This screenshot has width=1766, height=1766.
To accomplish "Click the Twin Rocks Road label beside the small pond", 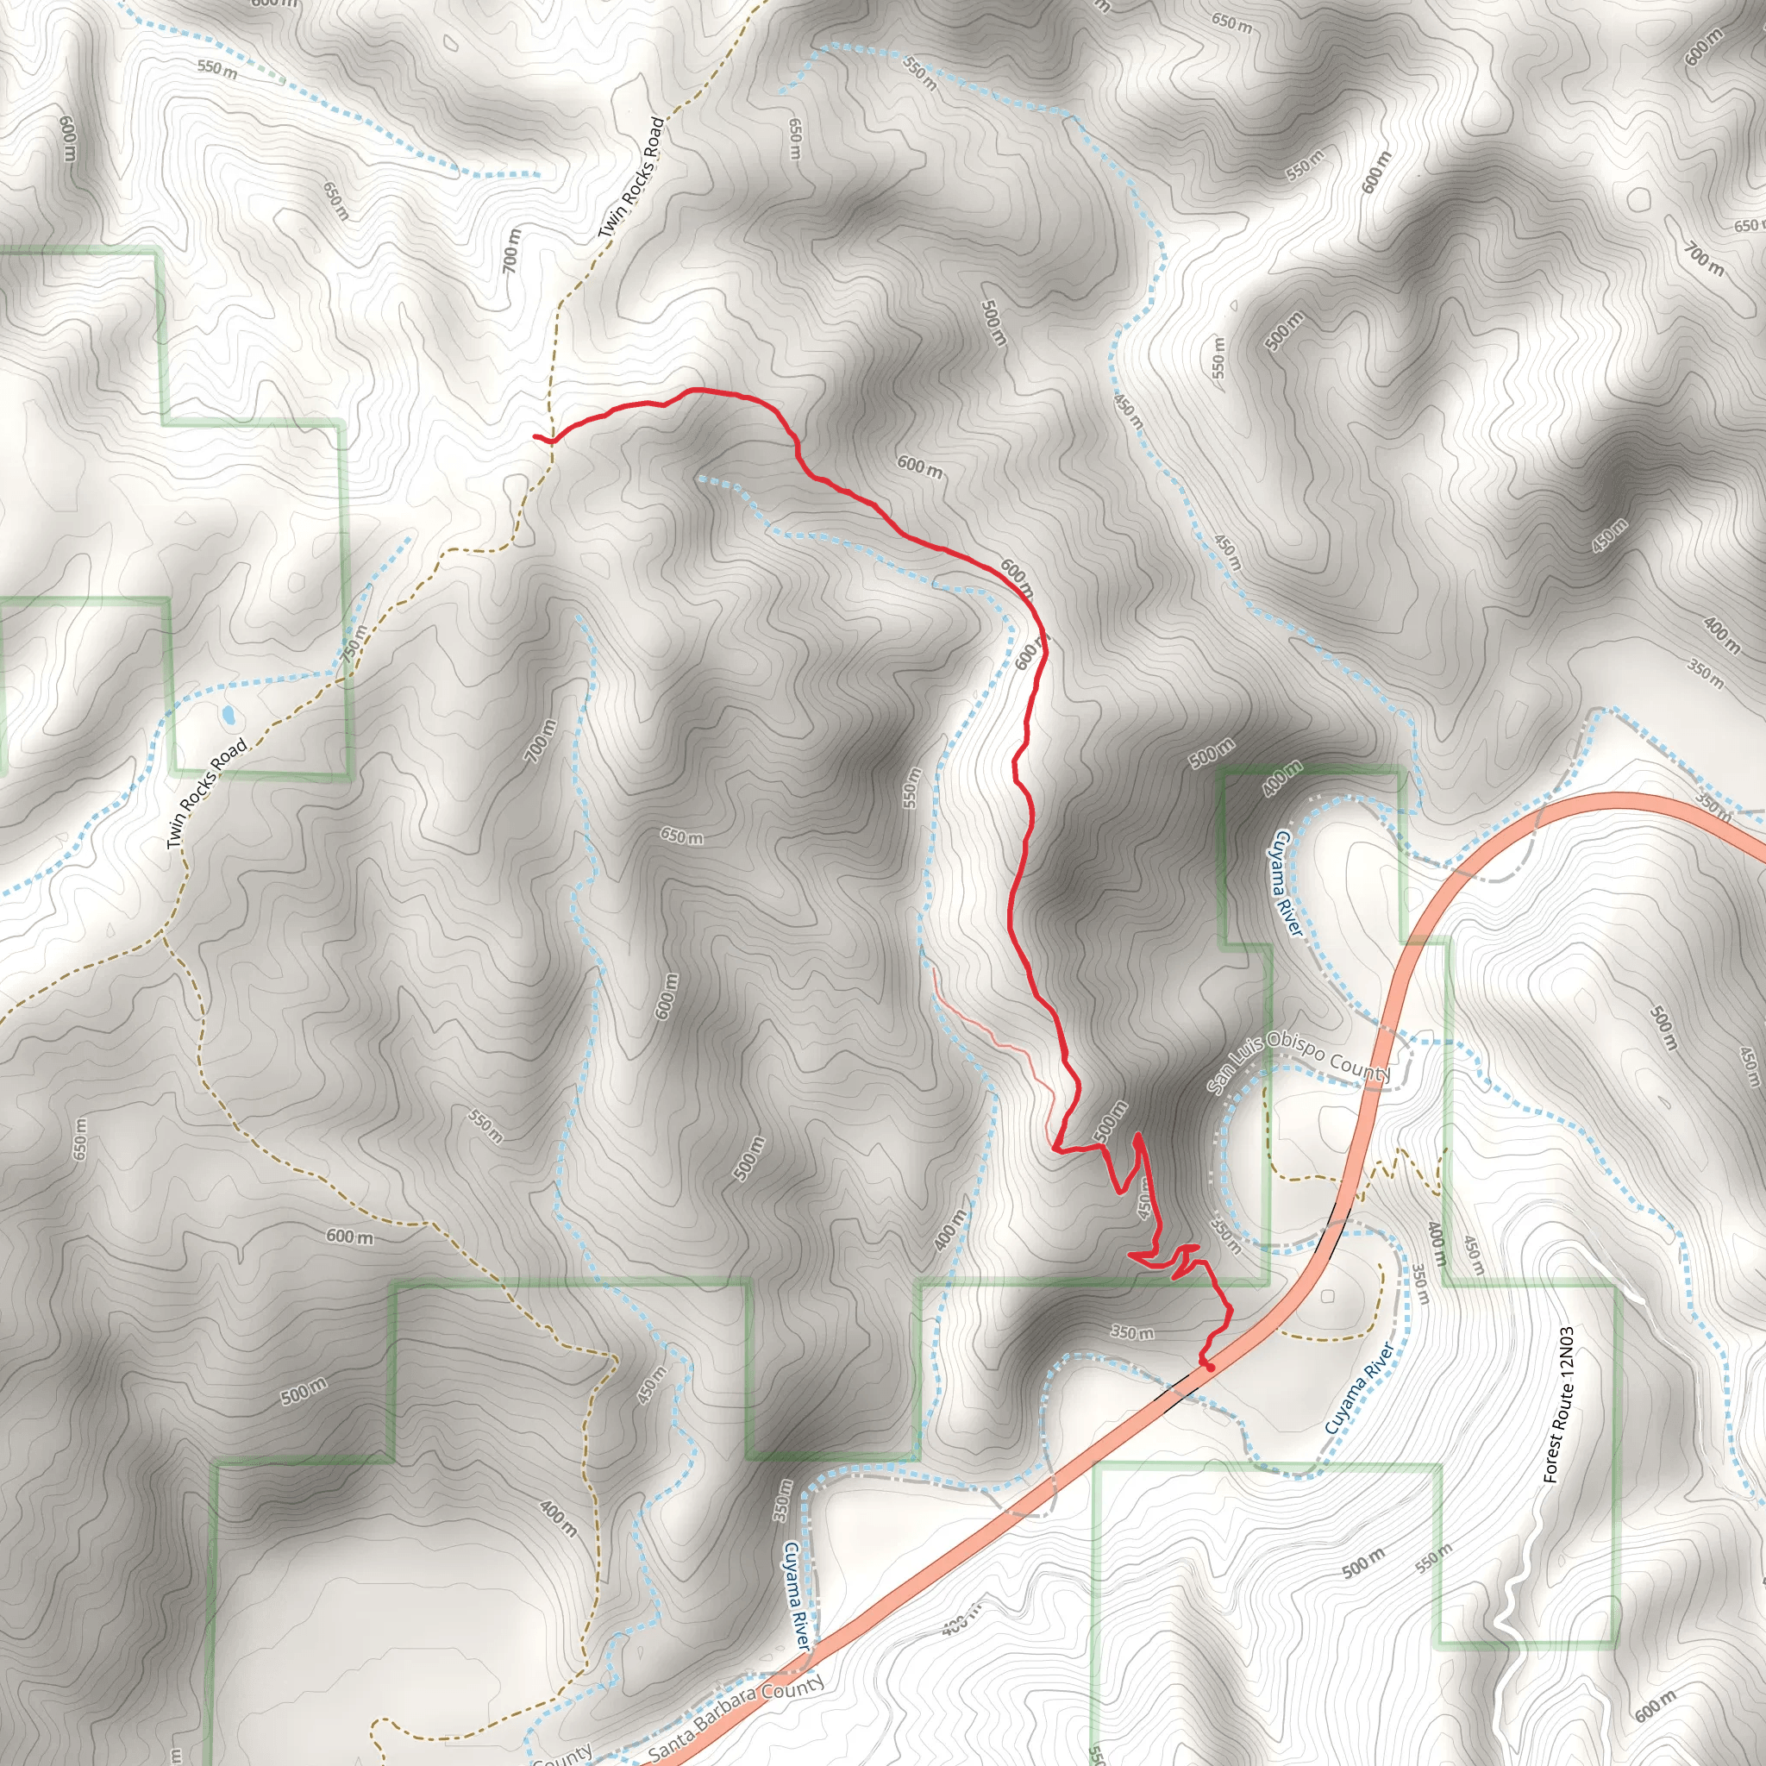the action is coord(208,792).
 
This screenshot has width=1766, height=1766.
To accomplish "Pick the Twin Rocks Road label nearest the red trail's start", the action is coord(630,178).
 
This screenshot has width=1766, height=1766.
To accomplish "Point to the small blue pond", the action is coord(226,712).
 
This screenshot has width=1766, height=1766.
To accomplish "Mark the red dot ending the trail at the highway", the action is coord(1209,1368).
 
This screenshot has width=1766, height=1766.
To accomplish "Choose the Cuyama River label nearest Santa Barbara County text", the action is coord(795,1595).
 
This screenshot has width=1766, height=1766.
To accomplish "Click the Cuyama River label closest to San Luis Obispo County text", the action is coord(1281,882).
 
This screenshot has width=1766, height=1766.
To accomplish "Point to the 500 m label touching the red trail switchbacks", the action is coord(1111,1122).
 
